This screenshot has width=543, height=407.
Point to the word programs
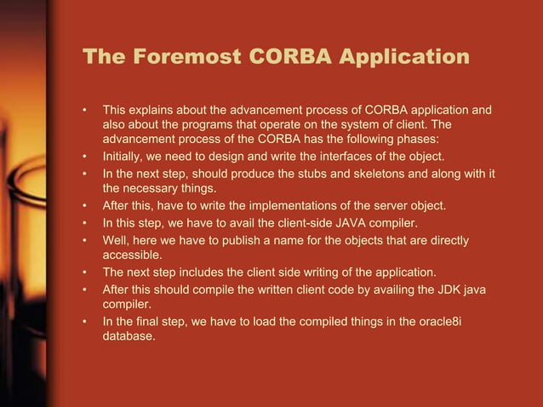pyautogui.click(x=202, y=125)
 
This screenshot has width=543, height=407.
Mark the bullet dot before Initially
pyautogui.click(x=85, y=157)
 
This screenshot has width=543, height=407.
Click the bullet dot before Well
pyautogui.click(x=85, y=239)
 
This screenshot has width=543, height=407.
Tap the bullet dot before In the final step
pyautogui.click(x=85, y=322)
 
